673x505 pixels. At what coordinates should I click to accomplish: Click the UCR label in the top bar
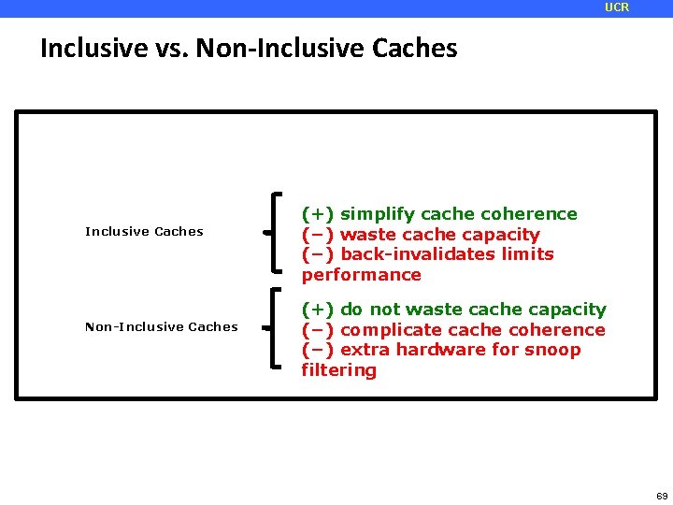coord(617,7)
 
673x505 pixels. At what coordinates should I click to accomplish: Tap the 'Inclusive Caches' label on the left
coord(144,232)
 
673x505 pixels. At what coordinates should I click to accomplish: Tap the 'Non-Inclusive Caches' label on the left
coord(161,327)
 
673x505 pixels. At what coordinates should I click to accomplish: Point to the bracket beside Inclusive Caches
coord(273,232)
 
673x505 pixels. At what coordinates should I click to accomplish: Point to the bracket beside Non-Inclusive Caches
coord(273,327)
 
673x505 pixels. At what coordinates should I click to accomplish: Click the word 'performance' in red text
coord(361,275)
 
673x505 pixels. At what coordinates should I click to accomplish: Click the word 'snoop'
coord(553,350)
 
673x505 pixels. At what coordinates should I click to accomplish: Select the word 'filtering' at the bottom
coord(338,370)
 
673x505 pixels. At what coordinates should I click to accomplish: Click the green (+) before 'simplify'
coord(318,214)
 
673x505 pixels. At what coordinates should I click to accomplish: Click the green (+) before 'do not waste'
coord(318,310)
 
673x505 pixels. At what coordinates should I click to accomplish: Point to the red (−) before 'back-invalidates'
coord(318,254)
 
